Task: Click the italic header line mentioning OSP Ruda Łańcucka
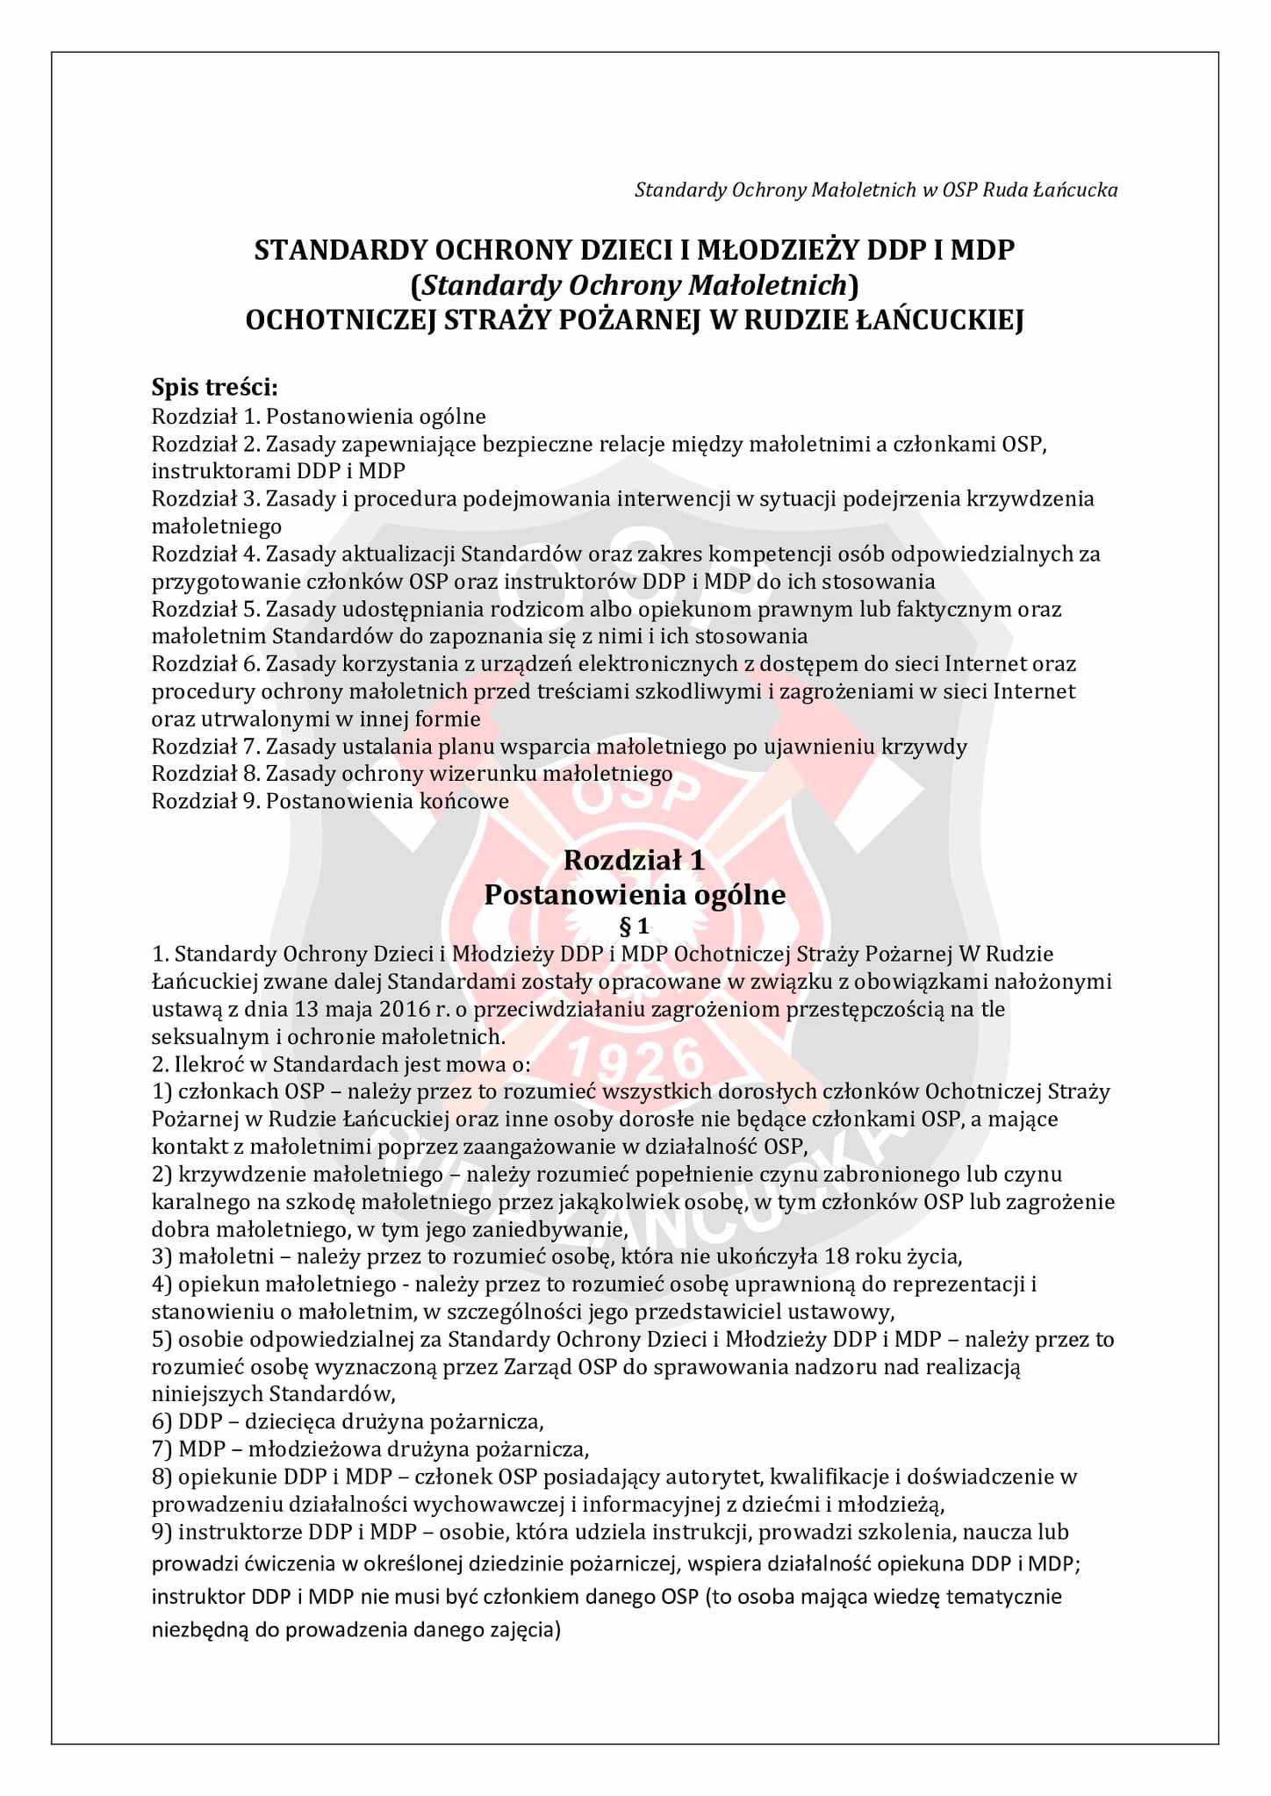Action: click(875, 190)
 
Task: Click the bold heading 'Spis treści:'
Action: click(215, 386)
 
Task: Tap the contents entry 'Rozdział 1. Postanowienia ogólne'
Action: click(319, 416)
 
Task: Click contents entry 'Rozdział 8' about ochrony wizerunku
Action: click(412, 774)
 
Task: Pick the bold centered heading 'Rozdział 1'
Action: click(634, 860)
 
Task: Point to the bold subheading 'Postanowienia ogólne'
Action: click(634, 895)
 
